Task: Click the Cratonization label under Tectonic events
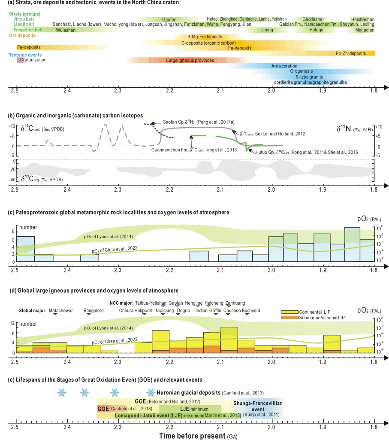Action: point(33,60)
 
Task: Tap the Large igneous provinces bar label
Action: point(190,61)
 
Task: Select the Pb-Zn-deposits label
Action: point(351,53)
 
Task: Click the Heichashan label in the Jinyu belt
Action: point(362,20)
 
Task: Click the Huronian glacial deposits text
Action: point(211,393)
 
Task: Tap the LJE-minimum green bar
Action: point(190,408)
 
